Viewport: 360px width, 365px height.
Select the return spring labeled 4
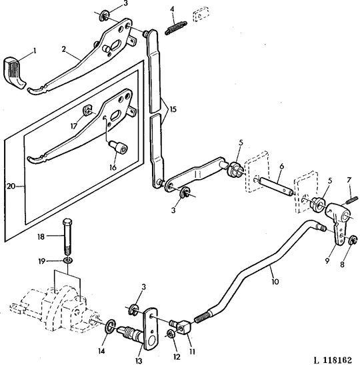(176, 28)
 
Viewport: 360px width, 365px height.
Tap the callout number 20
(11, 186)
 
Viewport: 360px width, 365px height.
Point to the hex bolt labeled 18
(67, 236)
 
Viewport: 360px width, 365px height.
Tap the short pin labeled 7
(352, 200)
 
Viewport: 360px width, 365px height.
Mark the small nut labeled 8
(353, 240)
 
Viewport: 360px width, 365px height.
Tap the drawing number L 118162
(332, 360)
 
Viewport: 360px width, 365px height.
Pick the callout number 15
(173, 109)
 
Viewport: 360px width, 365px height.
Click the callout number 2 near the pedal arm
(64, 49)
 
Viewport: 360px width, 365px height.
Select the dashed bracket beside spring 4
(201, 14)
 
